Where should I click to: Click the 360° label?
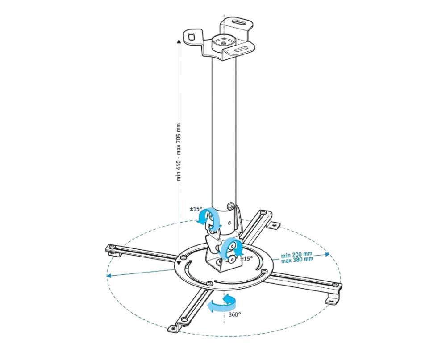[235, 314]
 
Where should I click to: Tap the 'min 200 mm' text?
[297, 254]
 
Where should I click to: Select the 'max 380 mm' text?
[297, 259]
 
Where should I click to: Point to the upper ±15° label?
[196, 209]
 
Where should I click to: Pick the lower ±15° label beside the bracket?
[246, 258]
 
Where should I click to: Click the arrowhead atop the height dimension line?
[179, 41]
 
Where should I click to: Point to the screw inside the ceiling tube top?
[224, 44]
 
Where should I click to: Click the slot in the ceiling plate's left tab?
[192, 36]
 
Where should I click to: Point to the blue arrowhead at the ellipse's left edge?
[108, 275]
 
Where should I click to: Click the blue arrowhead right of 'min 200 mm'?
[328, 254]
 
